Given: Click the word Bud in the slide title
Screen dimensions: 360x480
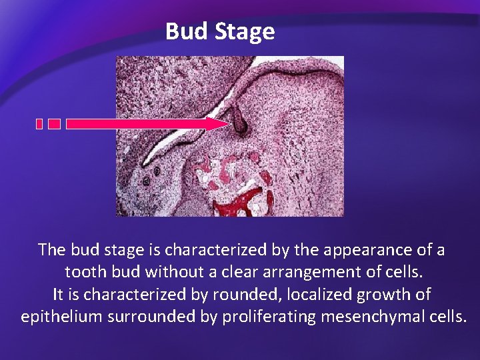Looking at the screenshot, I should tap(187, 31).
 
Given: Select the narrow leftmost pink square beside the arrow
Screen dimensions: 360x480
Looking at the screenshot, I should tap(39, 124).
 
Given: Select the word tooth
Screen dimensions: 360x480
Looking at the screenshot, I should tap(84, 272).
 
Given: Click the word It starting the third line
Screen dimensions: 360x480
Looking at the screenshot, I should tap(58, 294).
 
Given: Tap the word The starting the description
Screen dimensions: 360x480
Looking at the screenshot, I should tap(52, 250).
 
